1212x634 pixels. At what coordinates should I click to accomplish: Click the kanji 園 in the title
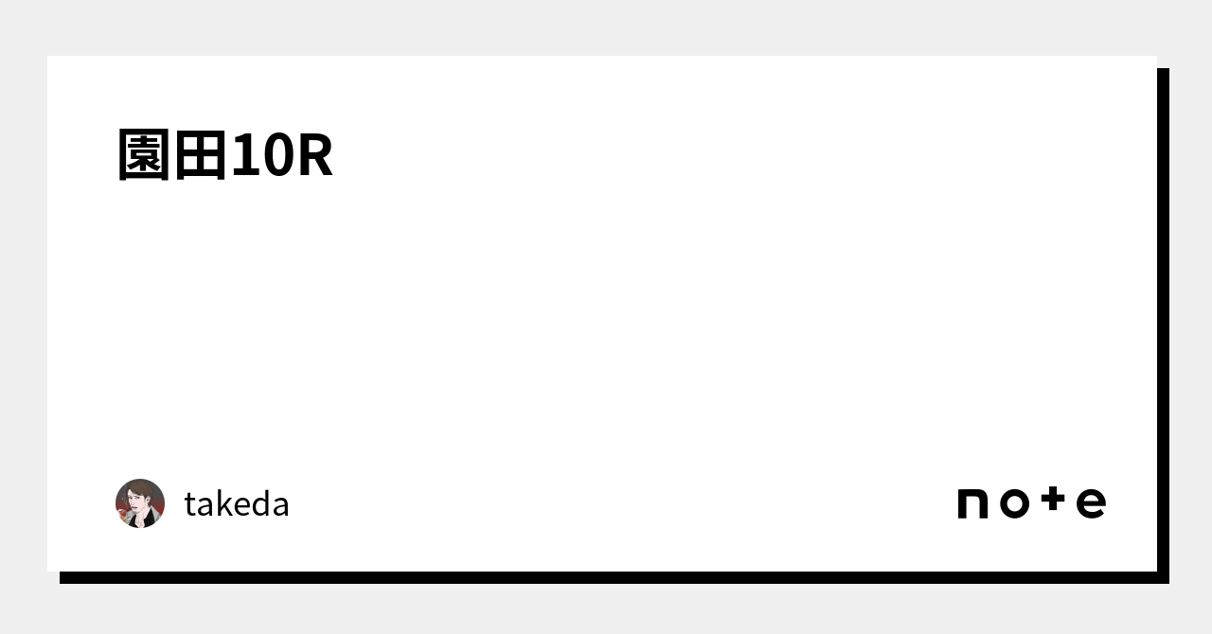(x=145, y=155)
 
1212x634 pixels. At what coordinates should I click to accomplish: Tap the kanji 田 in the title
(x=201, y=155)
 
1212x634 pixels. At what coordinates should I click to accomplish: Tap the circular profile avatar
(x=140, y=503)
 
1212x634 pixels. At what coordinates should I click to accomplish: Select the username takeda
(x=237, y=504)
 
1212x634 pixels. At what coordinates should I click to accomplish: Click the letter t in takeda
(x=190, y=505)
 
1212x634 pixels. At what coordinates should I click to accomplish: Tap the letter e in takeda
(x=242, y=507)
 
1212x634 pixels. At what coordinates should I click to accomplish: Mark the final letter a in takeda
(x=280, y=507)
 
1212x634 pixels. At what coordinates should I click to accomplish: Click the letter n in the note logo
(x=973, y=503)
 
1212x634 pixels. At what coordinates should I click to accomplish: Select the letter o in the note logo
(x=1014, y=503)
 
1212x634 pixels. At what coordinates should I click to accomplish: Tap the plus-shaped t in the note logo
(x=1053, y=501)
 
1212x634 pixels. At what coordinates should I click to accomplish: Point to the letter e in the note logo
(x=1091, y=503)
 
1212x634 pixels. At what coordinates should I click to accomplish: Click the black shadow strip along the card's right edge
(x=1163, y=322)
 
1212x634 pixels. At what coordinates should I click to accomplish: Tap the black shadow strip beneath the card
(x=606, y=577)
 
